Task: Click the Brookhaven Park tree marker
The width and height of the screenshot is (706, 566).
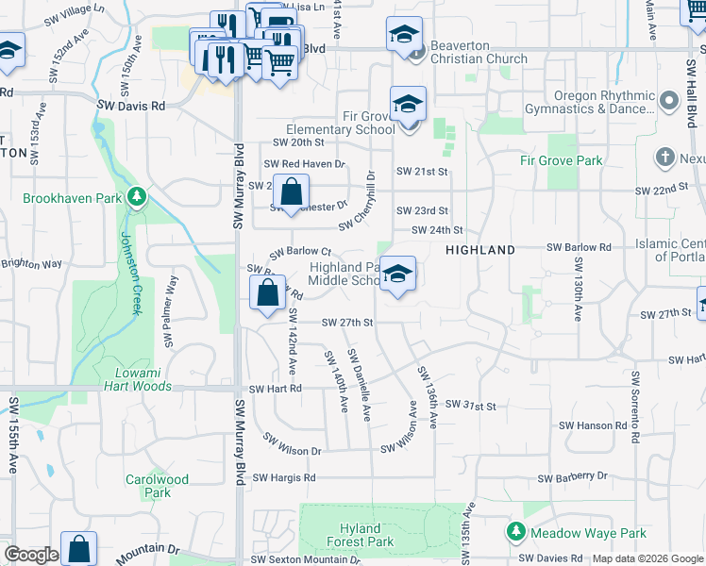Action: click(x=138, y=197)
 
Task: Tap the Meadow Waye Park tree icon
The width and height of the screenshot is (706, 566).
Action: click(x=515, y=533)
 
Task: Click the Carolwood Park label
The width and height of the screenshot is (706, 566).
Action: click(x=157, y=486)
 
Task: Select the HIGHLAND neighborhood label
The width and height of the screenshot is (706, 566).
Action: click(x=480, y=250)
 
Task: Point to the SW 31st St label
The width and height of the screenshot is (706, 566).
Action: click(x=470, y=406)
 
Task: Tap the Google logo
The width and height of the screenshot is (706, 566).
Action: click(x=30, y=555)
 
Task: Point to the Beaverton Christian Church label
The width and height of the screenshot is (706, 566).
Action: click(x=479, y=52)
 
